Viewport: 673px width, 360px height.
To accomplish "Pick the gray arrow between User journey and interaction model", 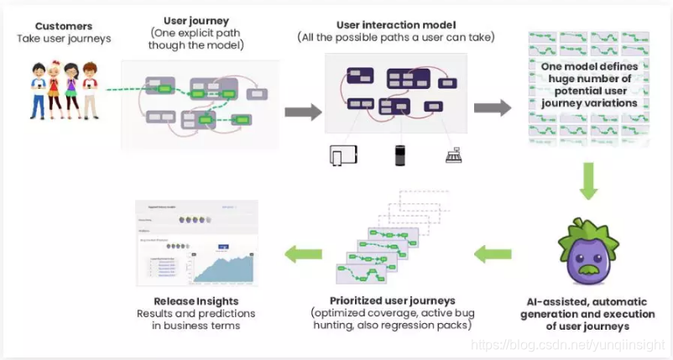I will (302, 112).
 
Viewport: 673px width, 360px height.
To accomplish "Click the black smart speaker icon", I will (399, 155).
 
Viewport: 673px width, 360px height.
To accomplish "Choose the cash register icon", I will (452, 155).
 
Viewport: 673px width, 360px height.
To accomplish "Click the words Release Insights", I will (196, 301).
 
